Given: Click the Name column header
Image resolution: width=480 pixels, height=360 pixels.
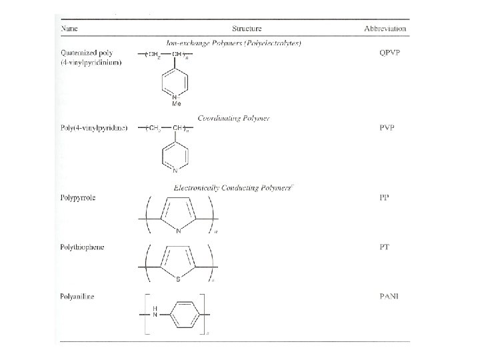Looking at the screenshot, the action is [x=69, y=29].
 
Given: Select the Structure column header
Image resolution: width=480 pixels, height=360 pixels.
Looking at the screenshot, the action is [x=247, y=29].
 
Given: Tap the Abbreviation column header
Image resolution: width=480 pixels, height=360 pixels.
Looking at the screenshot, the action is [x=385, y=29].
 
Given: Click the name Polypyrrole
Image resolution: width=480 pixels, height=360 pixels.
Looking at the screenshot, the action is [x=79, y=199].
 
